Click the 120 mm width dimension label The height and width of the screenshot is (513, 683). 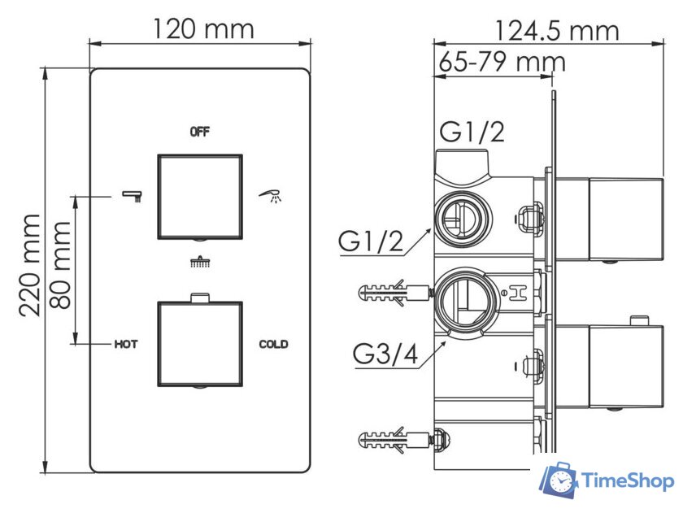203,29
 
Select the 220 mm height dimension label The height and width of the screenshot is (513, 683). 30,265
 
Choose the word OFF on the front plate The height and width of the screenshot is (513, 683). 200,131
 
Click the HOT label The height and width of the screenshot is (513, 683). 125,344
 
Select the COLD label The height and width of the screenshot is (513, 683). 273,344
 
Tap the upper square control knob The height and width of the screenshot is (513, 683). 200,196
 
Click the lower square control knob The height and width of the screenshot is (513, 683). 200,344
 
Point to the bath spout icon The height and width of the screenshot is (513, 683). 133,195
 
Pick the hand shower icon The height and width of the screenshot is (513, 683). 272,195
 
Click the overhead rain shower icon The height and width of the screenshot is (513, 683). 199,262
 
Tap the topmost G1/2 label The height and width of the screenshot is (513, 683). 472,131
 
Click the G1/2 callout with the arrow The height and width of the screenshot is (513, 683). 372,241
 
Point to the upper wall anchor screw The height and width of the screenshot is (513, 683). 392,292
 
